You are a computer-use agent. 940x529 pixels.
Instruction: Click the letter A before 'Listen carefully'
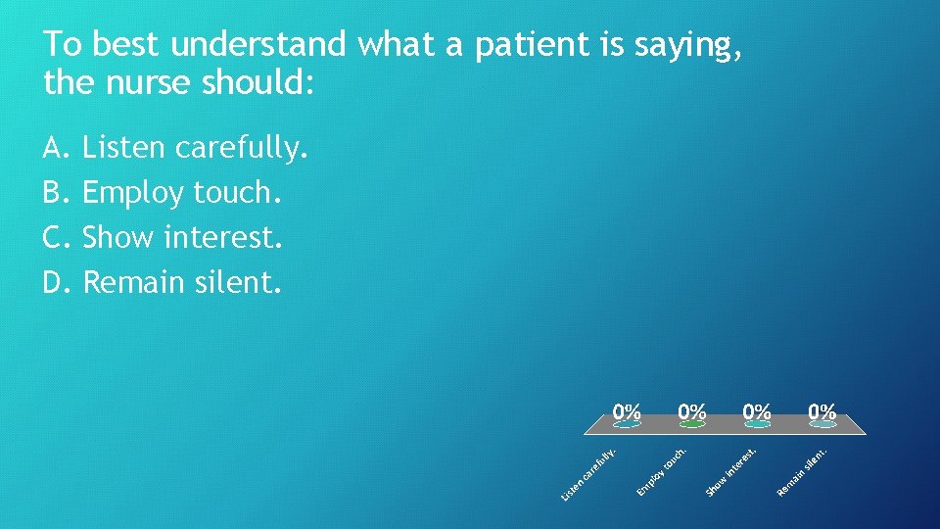(x=54, y=148)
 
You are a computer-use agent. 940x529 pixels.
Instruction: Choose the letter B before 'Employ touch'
(x=54, y=193)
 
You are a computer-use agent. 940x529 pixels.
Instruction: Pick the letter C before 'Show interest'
(x=54, y=237)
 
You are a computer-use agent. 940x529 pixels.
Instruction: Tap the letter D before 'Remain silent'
(x=55, y=282)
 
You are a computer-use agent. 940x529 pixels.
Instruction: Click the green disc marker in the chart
(x=692, y=425)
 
